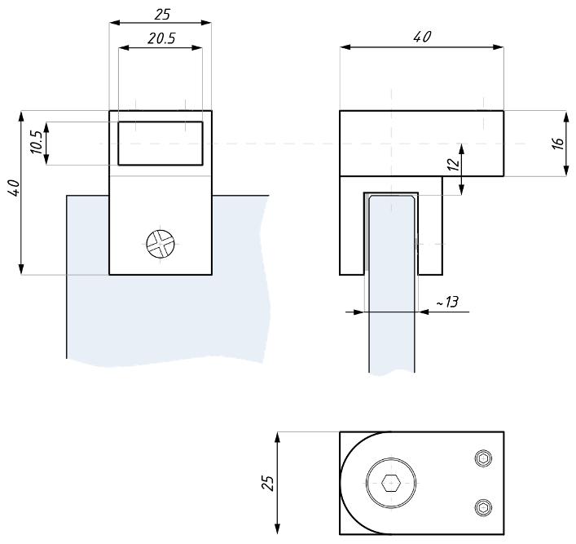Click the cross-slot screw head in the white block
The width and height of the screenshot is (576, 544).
point(160,243)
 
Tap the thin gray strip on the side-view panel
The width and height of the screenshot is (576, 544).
point(367,232)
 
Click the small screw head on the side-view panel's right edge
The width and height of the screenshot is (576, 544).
point(416,243)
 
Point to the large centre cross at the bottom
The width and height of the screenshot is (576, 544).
point(391,482)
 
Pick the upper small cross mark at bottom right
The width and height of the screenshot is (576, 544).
point(483,459)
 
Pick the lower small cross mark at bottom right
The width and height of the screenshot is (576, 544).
point(483,507)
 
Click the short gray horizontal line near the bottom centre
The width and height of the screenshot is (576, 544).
point(308,431)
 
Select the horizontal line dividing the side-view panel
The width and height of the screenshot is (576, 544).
point(392,312)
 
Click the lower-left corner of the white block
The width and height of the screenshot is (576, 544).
point(110,274)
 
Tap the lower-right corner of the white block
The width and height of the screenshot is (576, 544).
point(212,274)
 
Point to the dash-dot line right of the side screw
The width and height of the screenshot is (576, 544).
point(437,243)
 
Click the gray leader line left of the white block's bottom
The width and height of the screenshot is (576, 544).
point(64,275)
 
